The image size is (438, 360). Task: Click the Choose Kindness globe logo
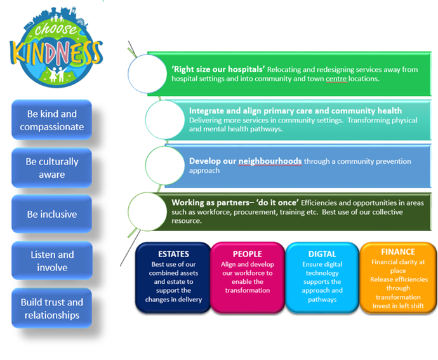click(56, 48)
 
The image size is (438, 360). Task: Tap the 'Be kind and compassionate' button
click(51, 120)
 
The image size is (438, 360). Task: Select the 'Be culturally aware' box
click(51, 168)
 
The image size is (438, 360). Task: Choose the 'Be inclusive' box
click(51, 214)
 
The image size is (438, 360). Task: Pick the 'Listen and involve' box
click(52, 261)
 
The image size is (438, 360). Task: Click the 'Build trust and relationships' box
click(51, 309)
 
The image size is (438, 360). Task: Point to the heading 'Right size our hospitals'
click(218, 69)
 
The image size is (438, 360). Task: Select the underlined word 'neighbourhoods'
click(270, 161)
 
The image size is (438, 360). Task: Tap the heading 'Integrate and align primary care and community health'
click(295, 110)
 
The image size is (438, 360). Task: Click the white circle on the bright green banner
click(147, 74)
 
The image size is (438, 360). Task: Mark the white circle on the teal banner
click(165, 119)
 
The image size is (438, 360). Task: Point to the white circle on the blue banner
click(165, 165)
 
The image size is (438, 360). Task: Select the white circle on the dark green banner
click(147, 211)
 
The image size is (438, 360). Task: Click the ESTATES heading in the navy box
click(173, 254)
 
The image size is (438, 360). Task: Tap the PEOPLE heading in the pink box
click(248, 254)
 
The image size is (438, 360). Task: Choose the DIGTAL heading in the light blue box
click(322, 254)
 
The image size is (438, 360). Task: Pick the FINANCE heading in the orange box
click(398, 251)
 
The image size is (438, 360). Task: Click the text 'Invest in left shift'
click(398, 306)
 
